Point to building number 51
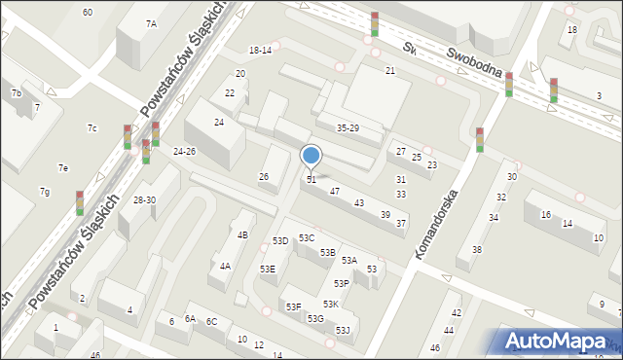click(311, 180)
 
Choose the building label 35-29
click(348, 128)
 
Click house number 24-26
click(184, 152)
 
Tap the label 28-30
click(144, 199)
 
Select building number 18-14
click(260, 50)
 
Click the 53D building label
click(280, 240)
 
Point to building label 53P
click(341, 283)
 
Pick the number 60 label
click(88, 12)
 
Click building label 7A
click(151, 23)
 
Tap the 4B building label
click(242, 234)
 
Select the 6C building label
click(211, 321)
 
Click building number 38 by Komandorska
click(476, 250)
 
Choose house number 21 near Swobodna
click(390, 71)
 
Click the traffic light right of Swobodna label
click(553, 90)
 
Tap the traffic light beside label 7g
click(80, 202)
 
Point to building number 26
click(263, 176)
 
